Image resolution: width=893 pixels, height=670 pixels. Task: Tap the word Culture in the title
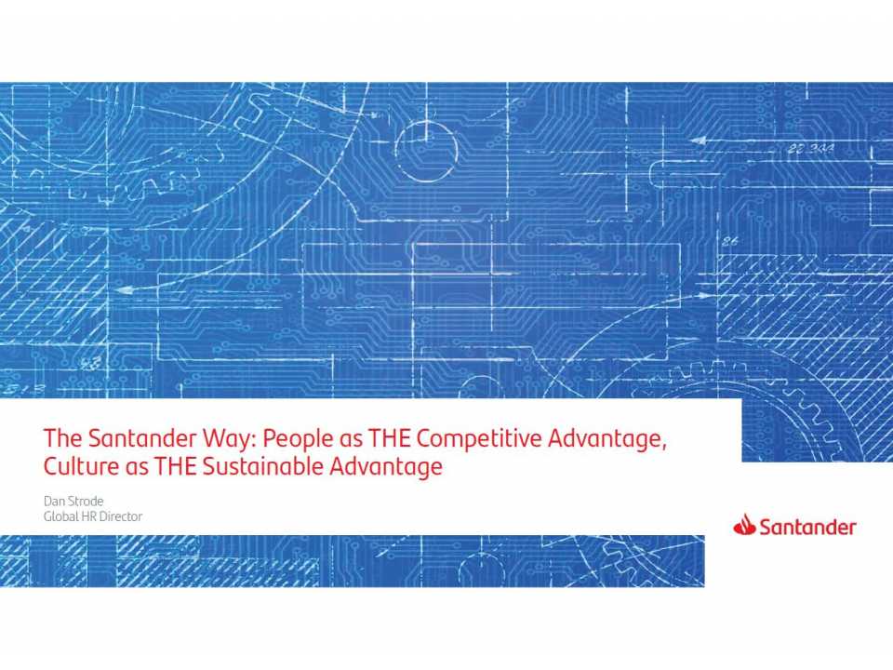point(80,466)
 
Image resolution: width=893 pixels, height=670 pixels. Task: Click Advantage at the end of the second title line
point(386,466)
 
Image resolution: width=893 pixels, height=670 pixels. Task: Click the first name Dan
point(54,502)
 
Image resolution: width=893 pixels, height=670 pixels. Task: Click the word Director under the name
point(123,516)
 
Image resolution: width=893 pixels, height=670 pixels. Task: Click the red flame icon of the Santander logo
point(744,527)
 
